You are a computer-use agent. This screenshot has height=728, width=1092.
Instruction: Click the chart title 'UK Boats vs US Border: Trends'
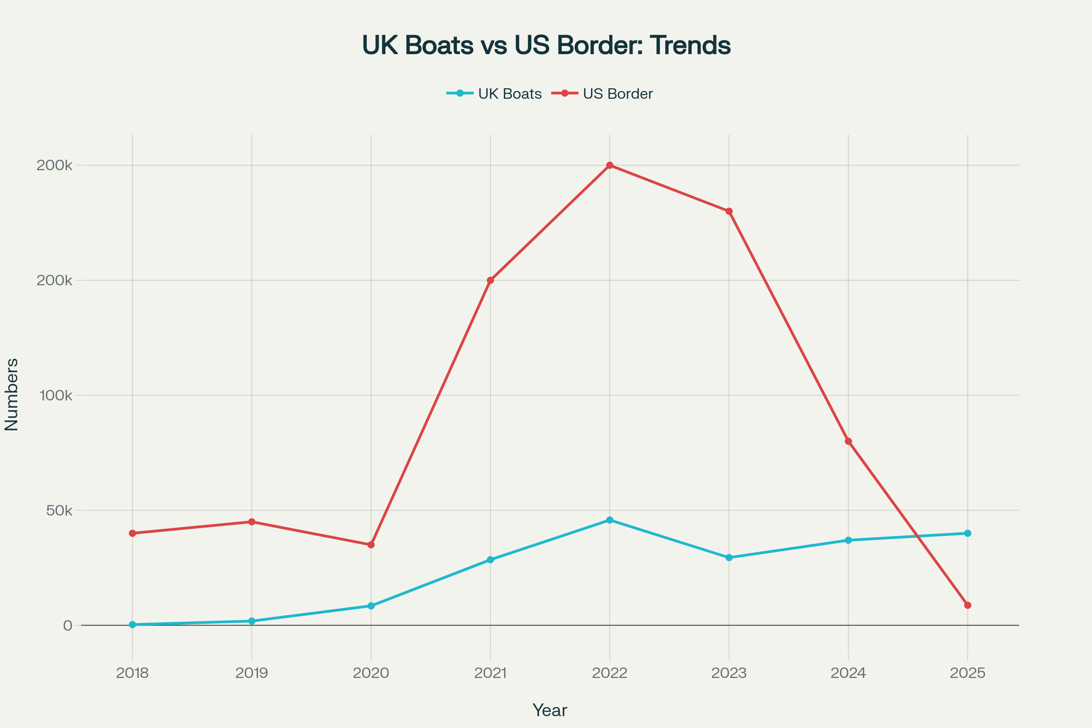pyautogui.click(x=546, y=45)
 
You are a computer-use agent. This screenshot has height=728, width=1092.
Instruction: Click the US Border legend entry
pyautogui.click(x=602, y=94)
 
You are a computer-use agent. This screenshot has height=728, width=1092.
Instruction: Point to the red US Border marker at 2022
pyautogui.click(x=610, y=165)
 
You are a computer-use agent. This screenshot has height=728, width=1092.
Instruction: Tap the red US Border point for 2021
pyautogui.click(x=490, y=280)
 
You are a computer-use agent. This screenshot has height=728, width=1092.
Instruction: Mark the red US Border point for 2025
pyautogui.click(x=968, y=606)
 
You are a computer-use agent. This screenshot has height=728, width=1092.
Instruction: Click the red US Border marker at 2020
pyautogui.click(x=371, y=545)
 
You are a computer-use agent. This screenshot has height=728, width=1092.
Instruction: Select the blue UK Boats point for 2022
pyautogui.click(x=610, y=520)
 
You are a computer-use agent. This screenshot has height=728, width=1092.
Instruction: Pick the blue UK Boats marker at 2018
pyautogui.click(x=132, y=625)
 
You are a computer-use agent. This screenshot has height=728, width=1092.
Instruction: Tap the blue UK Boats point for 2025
pyautogui.click(x=968, y=533)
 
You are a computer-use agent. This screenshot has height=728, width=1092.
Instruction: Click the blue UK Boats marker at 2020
pyautogui.click(x=371, y=606)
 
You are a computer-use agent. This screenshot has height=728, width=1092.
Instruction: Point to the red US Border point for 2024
pyautogui.click(x=848, y=441)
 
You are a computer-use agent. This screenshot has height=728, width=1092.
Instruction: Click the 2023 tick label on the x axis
pyautogui.click(x=729, y=673)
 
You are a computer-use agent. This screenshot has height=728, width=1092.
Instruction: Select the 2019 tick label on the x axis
pyautogui.click(x=252, y=673)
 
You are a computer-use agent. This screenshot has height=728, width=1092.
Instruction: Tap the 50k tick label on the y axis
pyautogui.click(x=60, y=511)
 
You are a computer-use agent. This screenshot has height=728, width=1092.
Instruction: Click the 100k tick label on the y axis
pyautogui.click(x=56, y=395)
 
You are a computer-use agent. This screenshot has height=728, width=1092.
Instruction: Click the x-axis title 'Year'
pyautogui.click(x=550, y=711)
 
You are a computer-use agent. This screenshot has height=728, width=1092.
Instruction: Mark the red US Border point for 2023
pyautogui.click(x=729, y=211)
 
